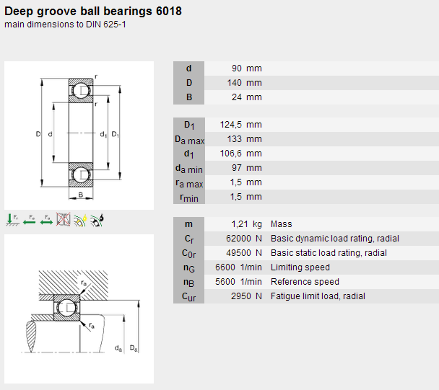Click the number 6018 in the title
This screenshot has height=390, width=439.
[x=169, y=12]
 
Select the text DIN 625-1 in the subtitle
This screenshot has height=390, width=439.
[x=106, y=25]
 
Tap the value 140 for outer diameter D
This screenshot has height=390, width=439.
[x=235, y=83]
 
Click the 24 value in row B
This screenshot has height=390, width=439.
[x=237, y=97]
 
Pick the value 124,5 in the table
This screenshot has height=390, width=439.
[x=231, y=125]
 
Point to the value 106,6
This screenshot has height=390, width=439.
[x=231, y=154]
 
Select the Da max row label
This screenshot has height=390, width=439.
[x=189, y=140]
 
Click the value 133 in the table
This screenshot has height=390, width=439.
[x=235, y=139]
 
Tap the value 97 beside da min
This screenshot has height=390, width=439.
[x=237, y=168]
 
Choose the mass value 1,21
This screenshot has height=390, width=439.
[x=240, y=224]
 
